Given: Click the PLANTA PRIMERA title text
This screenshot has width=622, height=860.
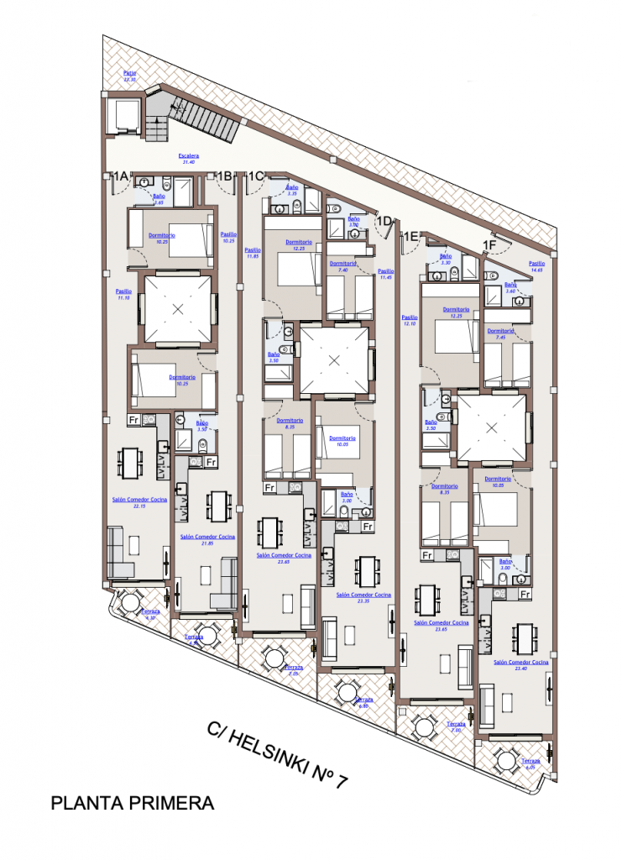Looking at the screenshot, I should (133, 803).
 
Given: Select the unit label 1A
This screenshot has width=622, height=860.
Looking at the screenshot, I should (120, 176).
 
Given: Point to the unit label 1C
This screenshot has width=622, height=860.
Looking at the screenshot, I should (256, 176).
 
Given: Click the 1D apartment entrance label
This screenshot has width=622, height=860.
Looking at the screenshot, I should (385, 222).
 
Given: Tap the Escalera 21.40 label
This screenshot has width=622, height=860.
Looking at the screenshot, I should (187, 159).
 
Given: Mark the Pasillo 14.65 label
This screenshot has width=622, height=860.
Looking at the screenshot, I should (536, 266).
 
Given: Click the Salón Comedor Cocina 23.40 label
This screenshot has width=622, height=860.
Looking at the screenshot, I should (521, 664).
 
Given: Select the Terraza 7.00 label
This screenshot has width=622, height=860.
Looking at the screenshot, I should (456, 726).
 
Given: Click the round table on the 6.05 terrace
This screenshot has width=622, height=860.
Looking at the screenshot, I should (506, 761).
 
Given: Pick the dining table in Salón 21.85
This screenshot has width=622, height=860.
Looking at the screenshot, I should (217, 506).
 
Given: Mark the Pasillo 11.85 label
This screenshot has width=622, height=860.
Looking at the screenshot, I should (253, 253).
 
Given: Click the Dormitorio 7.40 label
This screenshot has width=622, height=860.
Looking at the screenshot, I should (342, 266).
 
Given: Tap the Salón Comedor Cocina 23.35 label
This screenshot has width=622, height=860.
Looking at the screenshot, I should (364, 597).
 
